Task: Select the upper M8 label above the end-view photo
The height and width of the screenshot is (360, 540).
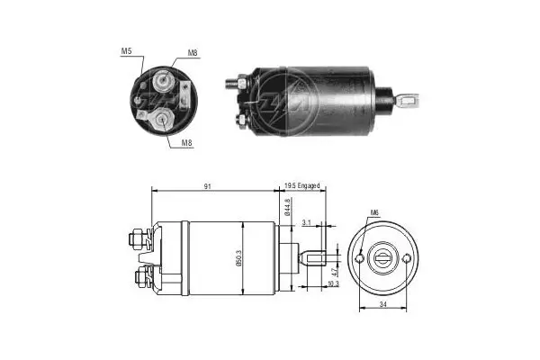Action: pyautogui.click(x=194, y=53)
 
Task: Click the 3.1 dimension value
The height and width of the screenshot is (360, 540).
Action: pyautogui.click(x=308, y=221)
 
